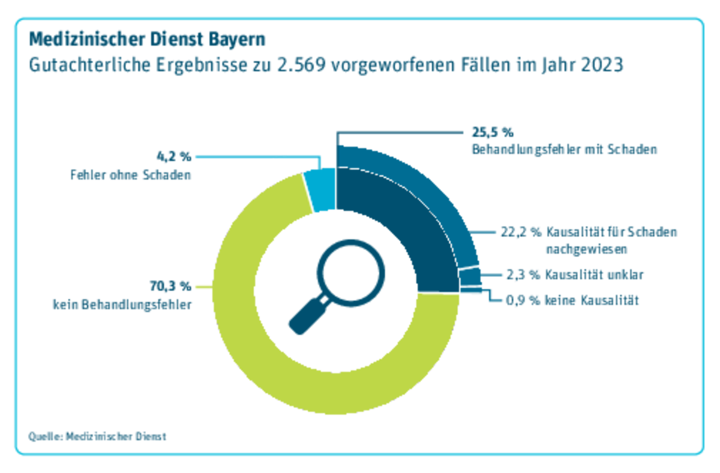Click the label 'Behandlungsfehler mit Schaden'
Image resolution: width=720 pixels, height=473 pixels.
coord(564,149)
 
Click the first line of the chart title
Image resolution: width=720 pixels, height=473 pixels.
coord(147,40)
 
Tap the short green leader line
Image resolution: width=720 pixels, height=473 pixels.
coord(202,287)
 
